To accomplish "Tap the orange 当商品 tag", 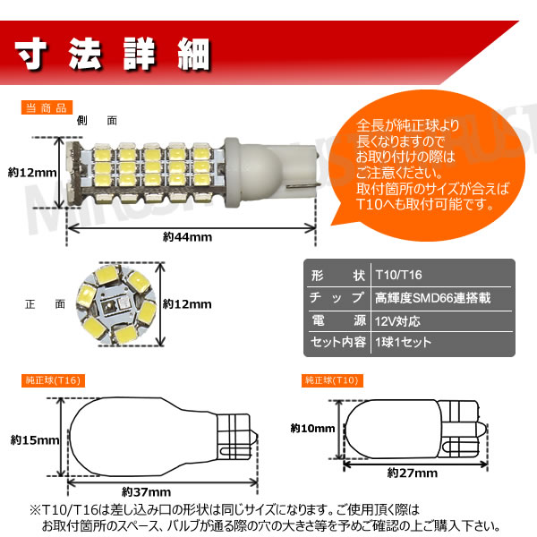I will click(x=46, y=108).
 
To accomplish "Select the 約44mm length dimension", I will click(x=187, y=237).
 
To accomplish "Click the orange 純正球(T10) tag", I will click(x=333, y=381).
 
